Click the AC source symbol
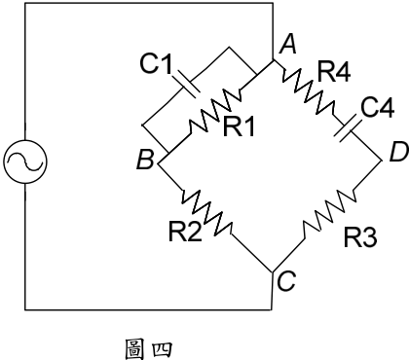(x=25, y=162)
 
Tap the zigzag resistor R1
(x=215, y=109)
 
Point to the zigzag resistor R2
(x=206, y=213)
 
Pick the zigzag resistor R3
(x=329, y=213)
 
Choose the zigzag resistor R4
(x=308, y=90)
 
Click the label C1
(x=156, y=63)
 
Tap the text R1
(x=239, y=126)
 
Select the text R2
(x=185, y=232)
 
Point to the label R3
(x=360, y=237)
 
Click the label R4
(x=334, y=72)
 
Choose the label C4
(x=378, y=107)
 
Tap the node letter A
(x=288, y=45)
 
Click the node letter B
(x=145, y=160)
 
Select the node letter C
(x=286, y=281)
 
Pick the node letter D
(x=399, y=153)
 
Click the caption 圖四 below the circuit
(x=149, y=349)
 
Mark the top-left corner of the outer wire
(x=25, y=3)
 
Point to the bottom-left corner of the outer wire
(x=25, y=310)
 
